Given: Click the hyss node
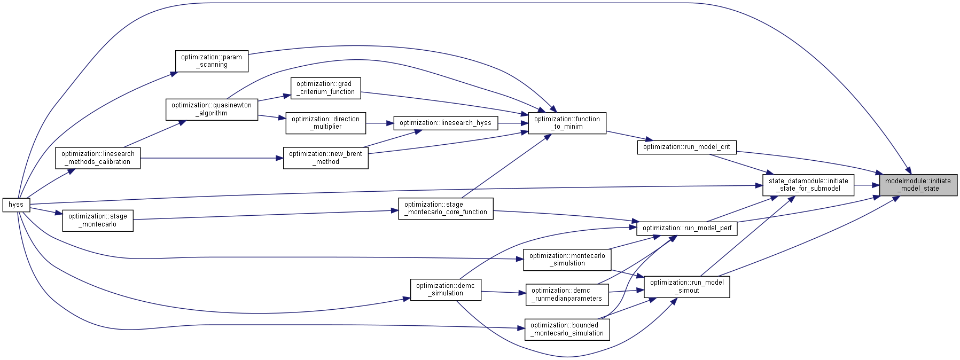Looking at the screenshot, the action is (x=16, y=205).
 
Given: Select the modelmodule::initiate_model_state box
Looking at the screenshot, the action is (x=918, y=185).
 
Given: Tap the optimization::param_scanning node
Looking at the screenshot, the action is (x=212, y=61).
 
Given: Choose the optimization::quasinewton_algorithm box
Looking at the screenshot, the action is (x=212, y=109).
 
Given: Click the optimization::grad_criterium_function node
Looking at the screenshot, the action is (x=325, y=88).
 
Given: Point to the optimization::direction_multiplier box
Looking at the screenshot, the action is (x=325, y=123).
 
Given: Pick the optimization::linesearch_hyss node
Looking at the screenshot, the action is (x=446, y=123).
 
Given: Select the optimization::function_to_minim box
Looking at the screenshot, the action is (x=567, y=123).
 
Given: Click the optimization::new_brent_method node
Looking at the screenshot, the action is (x=325, y=158).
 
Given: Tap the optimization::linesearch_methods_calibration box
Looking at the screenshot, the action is (x=98, y=158).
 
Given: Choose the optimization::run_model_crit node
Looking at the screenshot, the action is (x=686, y=147).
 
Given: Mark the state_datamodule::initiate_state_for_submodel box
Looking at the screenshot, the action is (x=808, y=185).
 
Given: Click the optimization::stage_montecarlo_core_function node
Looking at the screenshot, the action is (x=446, y=208).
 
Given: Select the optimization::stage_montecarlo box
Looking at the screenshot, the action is (x=98, y=220).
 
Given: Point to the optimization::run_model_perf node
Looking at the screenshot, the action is (x=687, y=228).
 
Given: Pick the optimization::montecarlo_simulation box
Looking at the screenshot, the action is (x=567, y=260).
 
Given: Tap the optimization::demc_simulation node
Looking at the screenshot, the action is (x=446, y=289).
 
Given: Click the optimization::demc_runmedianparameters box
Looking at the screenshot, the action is (x=567, y=294).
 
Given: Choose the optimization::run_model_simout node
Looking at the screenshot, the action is (x=687, y=287).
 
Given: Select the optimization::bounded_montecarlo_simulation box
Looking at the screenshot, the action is (x=567, y=329).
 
